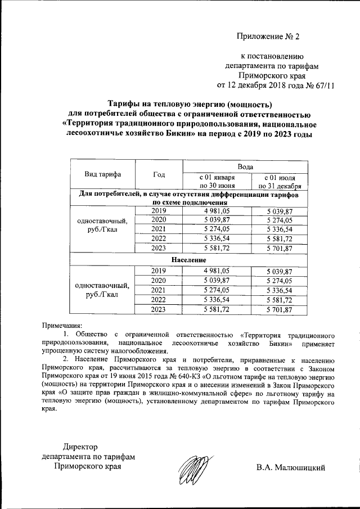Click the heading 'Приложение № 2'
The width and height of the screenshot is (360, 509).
[268, 37]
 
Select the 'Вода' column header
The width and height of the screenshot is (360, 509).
[245, 167]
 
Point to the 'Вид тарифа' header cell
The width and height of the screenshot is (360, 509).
[103, 174]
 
